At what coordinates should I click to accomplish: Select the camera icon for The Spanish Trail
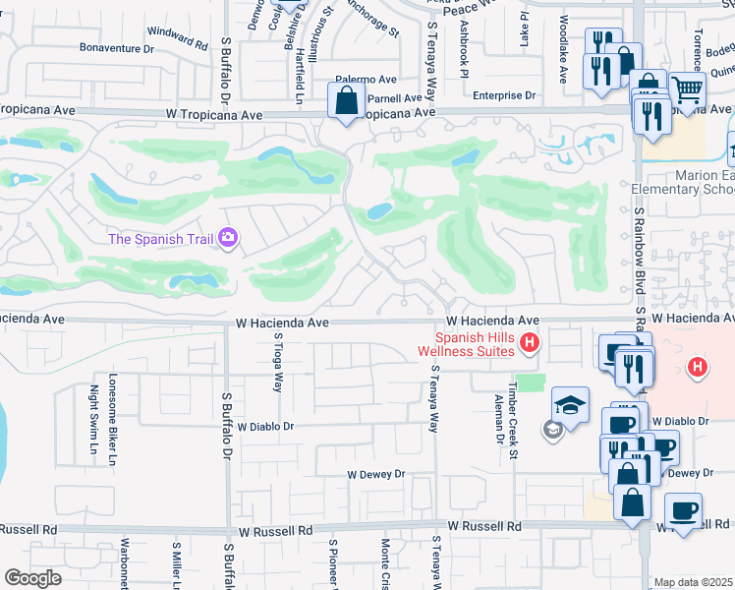click(228, 238)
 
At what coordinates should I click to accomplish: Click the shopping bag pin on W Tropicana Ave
click(346, 100)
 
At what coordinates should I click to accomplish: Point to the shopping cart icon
click(688, 89)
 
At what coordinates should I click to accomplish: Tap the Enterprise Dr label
click(503, 95)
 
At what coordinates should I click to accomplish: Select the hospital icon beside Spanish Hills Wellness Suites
click(530, 343)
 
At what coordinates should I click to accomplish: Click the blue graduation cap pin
click(570, 404)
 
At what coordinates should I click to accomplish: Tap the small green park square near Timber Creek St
click(530, 382)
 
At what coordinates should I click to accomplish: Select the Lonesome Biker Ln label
click(113, 419)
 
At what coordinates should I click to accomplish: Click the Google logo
click(32, 578)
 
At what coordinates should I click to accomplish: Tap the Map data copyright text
click(693, 582)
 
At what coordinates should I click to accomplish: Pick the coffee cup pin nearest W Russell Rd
click(683, 510)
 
